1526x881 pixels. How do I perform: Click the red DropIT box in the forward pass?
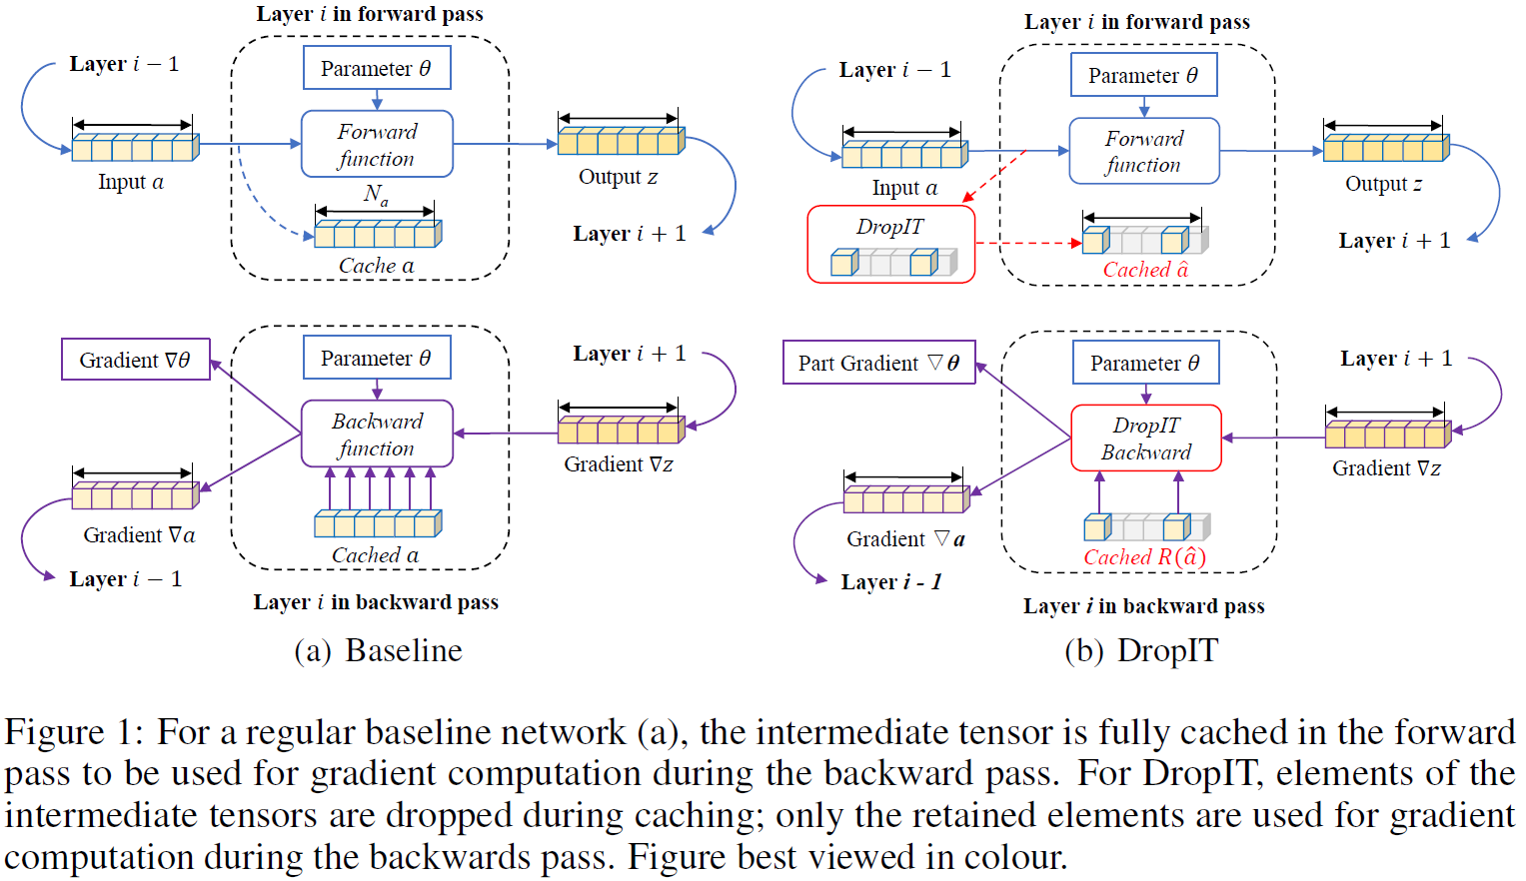(890, 244)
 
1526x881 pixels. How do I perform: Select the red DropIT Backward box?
(1145, 438)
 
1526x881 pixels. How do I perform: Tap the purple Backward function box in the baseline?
(377, 434)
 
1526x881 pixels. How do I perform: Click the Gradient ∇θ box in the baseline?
(135, 360)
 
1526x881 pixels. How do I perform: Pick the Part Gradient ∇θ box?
(878, 363)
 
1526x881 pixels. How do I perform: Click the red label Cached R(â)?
(1144, 557)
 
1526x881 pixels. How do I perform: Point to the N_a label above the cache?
(376, 194)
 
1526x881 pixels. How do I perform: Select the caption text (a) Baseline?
(378, 650)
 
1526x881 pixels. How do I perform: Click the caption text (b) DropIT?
(1141, 650)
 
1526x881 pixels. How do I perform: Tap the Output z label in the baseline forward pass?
(618, 177)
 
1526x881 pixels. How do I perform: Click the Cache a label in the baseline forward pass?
(376, 266)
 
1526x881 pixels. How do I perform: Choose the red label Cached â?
(1145, 270)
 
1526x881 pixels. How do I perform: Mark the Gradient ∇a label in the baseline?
(139, 535)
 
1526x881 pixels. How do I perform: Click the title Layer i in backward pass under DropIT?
(1143, 606)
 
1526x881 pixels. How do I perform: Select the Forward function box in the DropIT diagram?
(1143, 151)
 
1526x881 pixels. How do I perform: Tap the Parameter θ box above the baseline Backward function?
(377, 358)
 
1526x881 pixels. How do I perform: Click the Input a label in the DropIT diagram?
(904, 188)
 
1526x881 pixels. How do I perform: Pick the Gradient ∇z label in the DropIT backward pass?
(1386, 468)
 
